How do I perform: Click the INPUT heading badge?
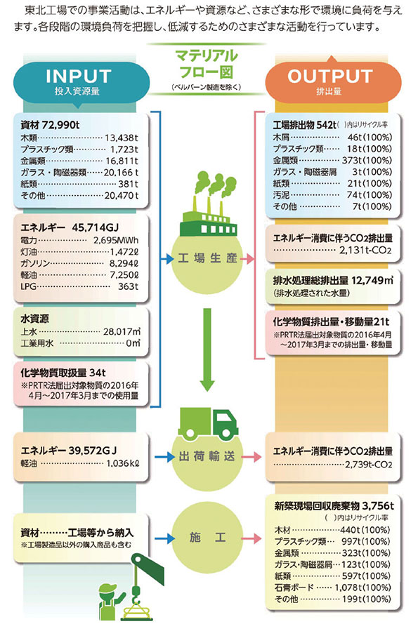pos(79,81)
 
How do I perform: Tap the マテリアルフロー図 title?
pos(206,64)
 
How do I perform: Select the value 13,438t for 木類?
pos(122,138)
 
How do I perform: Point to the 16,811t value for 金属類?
pos(122,161)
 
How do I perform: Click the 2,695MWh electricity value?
pos(116,240)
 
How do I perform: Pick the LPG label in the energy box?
pos(28,286)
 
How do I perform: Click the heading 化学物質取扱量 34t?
pos(63,372)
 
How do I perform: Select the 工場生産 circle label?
pos(207,258)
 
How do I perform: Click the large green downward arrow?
pos(207,350)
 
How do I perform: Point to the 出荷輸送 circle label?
pos(207,456)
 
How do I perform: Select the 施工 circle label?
pos(207,537)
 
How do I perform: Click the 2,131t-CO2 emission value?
pos(365,251)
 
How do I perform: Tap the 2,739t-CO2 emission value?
pos(368,465)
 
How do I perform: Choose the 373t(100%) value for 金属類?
pos(367,160)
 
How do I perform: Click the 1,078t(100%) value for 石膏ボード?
pos(363,587)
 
